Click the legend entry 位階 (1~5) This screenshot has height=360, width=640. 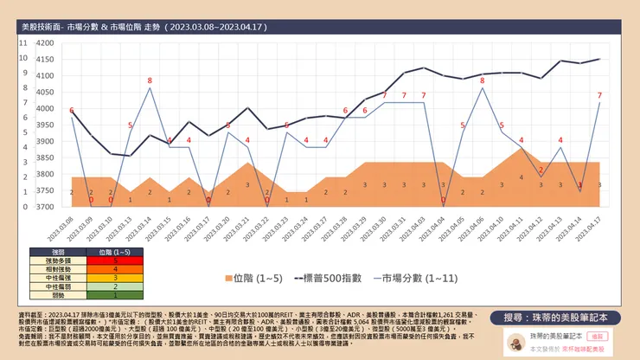click(x=250, y=279)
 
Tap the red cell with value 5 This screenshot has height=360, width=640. click(x=115, y=260)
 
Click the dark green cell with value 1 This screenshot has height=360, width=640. click(x=115, y=295)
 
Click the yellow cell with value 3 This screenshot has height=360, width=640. click(x=115, y=278)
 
